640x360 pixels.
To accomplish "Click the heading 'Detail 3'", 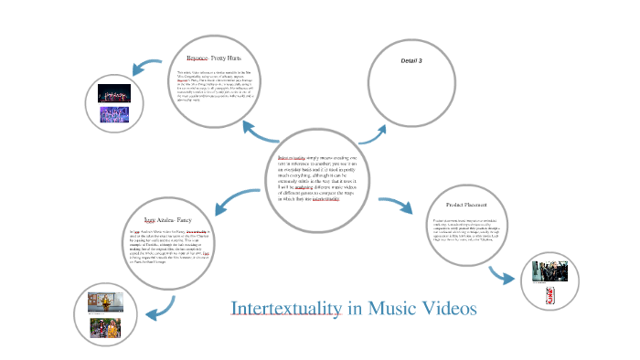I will [x=411, y=60].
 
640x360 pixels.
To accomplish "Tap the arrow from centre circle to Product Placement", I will [x=394, y=206].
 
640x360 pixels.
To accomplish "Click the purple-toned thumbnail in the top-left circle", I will [x=115, y=115].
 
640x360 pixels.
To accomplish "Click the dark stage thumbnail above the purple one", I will [x=114, y=95].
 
